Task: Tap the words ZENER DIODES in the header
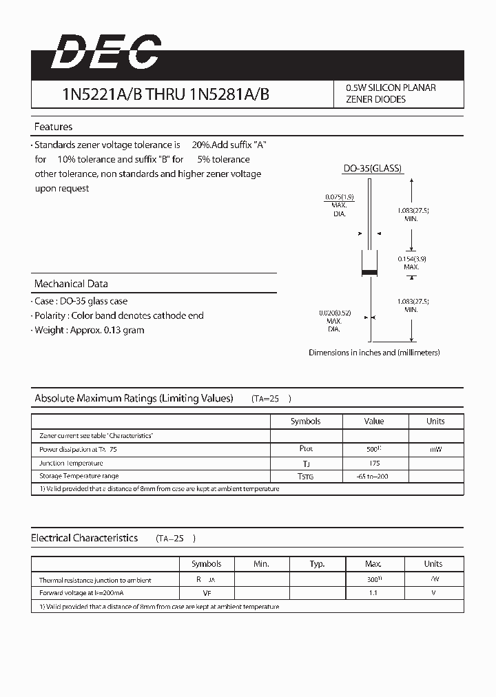tap(375, 100)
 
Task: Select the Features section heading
tap(53, 127)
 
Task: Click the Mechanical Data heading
tap(71, 284)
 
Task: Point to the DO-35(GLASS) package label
tap(372, 169)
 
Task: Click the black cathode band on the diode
tap(370, 274)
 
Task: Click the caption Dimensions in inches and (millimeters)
tap(374, 353)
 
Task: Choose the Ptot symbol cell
tap(305, 448)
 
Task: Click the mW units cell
tap(435, 449)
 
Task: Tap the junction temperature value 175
tap(374, 463)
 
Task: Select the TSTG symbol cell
tap(305, 476)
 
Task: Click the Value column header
tap(374, 421)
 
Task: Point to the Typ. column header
tap(317, 563)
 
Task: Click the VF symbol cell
tap(206, 592)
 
